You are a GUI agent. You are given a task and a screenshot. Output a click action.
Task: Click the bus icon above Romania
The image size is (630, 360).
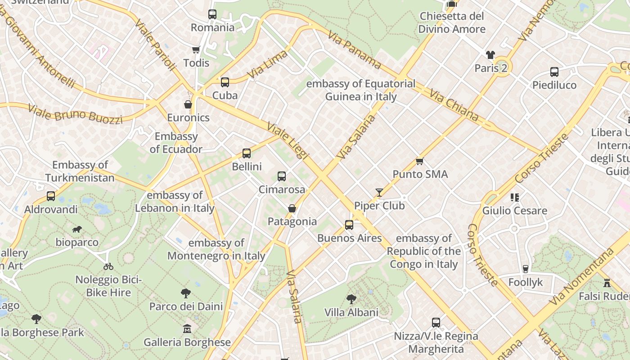[x=212, y=14]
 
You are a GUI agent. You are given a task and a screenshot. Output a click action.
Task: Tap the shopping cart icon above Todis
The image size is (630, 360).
[x=196, y=49]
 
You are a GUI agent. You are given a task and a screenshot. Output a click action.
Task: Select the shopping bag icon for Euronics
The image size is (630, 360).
[x=188, y=104]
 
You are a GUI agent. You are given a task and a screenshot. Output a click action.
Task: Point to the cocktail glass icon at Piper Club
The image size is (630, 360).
[x=379, y=193]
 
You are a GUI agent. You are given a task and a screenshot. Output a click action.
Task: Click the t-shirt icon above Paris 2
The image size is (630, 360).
[x=490, y=55]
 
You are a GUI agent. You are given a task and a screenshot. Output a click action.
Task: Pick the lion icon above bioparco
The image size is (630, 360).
[x=77, y=229]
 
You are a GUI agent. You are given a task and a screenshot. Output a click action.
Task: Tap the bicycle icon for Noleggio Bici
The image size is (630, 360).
[x=108, y=266]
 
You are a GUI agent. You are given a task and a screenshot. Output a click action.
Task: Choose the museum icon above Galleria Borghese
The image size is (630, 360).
[x=187, y=329]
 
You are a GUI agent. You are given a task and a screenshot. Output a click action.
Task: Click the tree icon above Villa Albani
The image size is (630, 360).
[x=351, y=299]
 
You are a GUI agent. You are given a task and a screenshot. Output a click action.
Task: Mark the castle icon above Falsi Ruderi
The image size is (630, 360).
[x=607, y=283]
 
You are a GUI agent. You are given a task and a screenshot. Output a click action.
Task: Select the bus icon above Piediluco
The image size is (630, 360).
[x=554, y=72]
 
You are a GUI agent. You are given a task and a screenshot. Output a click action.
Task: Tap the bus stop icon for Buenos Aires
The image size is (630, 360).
[x=349, y=225]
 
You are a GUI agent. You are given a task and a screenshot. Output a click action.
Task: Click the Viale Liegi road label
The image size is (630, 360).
[x=288, y=140]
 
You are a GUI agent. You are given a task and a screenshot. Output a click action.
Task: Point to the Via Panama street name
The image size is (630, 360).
[x=354, y=49]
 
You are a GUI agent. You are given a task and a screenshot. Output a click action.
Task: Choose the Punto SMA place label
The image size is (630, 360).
[x=420, y=174]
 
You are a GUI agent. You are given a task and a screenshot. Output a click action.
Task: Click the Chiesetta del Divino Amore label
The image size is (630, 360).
[x=452, y=23]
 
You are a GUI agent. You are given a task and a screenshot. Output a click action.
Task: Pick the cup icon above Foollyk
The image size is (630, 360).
[x=525, y=269]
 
